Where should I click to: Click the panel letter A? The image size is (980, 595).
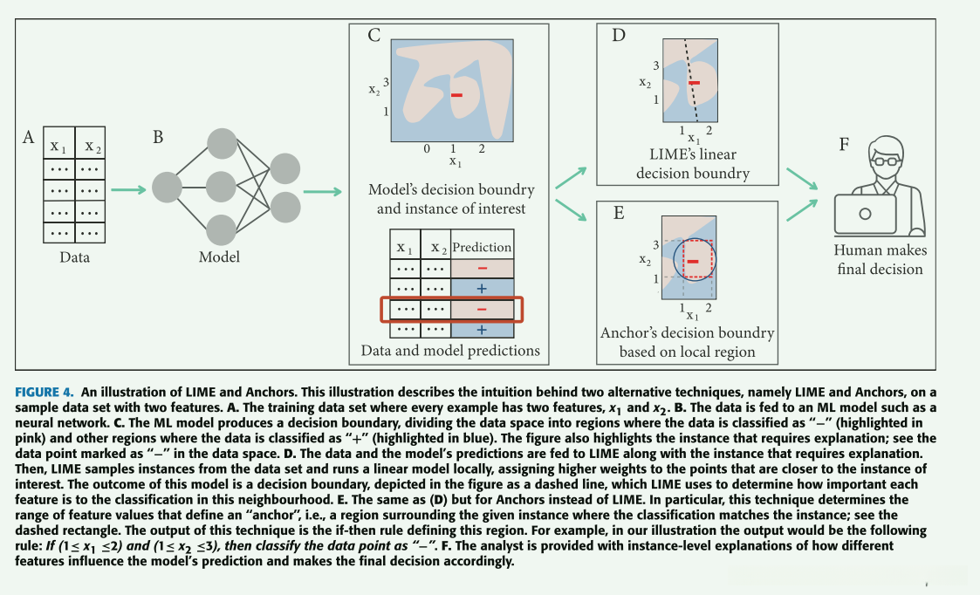[x=28, y=137]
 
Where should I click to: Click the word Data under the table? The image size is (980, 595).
[x=74, y=256]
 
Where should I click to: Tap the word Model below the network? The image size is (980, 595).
[x=219, y=256]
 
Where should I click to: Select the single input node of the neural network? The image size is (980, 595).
[x=167, y=188]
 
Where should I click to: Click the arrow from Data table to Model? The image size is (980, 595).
[x=128, y=189]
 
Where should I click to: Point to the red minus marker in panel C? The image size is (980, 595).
[x=457, y=95]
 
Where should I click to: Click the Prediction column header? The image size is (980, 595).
[x=482, y=247]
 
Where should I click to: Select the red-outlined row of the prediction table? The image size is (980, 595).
[x=452, y=310]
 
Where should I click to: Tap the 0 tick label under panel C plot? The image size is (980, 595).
[x=427, y=148]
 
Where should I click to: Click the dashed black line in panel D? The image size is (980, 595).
[x=690, y=80]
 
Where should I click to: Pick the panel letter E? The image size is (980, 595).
[x=619, y=213]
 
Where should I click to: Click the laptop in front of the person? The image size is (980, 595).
[x=865, y=214]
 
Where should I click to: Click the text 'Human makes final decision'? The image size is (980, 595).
[x=880, y=259]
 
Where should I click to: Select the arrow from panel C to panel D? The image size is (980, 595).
[x=571, y=177]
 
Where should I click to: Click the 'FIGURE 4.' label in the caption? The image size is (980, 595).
[x=45, y=393]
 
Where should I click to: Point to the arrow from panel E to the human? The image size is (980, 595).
[x=803, y=210]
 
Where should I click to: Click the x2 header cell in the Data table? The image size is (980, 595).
[x=91, y=146]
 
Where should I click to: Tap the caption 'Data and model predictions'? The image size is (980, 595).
[x=450, y=350]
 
